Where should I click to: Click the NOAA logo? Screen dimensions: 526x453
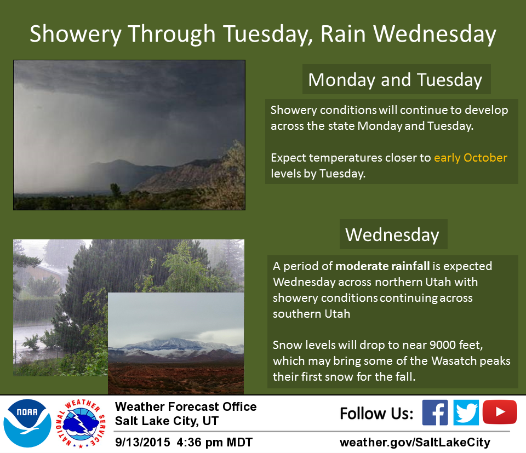click(x=27, y=423)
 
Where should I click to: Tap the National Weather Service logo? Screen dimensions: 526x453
click(x=81, y=423)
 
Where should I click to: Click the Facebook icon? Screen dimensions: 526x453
click(x=434, y=412)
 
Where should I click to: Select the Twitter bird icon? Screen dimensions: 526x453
click(x=466, y=412)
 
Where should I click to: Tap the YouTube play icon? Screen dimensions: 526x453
click(x=500, y=412)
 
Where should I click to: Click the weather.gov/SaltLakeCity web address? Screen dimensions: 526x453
click(x=415, y=442)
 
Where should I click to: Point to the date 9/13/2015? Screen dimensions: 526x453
click(x=142, y=442)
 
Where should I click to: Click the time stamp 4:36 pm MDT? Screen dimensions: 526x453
click(x=214, y=442)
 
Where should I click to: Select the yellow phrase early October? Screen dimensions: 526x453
click(x=470, y=158)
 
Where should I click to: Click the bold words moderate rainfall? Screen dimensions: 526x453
click(x=382, y=266)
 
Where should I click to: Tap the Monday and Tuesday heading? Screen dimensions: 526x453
click(x=395, y=80)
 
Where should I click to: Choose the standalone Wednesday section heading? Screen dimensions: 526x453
click(x=392, y=234)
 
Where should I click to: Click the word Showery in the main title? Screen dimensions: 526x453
click(x=76, y=34)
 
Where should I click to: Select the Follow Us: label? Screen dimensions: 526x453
click(x=376, y=414)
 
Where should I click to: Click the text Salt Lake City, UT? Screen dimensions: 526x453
click(x=167, y=421)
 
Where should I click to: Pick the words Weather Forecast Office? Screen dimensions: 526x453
click(x=186, y=406)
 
